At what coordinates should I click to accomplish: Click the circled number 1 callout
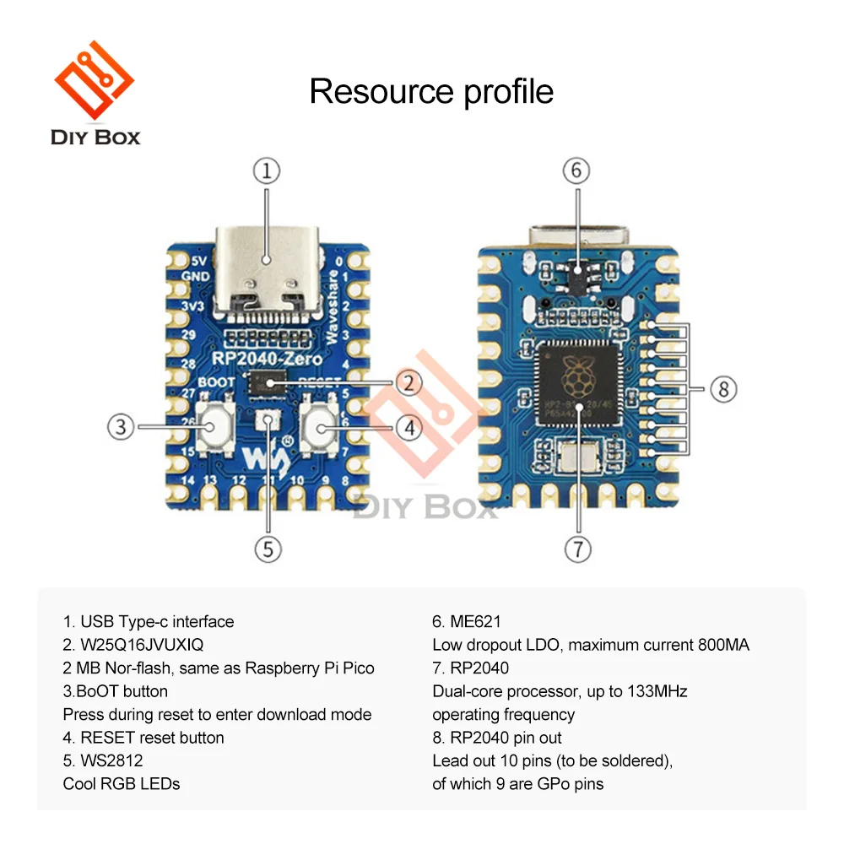point(267,171)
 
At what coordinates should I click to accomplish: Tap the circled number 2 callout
point(408,382)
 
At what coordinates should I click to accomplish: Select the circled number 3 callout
point(121,426)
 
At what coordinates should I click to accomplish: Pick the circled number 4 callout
point(408,428)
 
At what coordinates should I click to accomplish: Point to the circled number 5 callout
point(268,549)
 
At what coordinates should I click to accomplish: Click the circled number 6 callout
point(576,170)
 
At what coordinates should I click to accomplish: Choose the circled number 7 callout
point(577,549)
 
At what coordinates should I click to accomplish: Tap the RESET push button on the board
point(321,428)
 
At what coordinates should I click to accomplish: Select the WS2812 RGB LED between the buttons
point(268,419)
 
